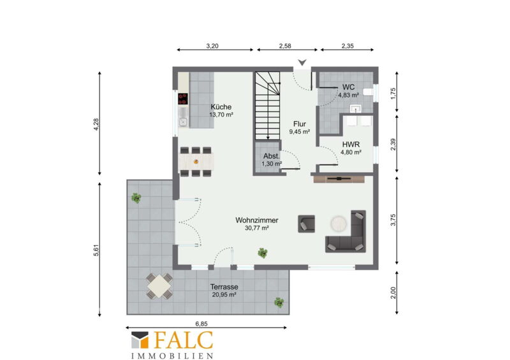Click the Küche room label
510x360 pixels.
(x=221, y=106)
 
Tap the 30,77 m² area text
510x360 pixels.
(x=257, y=228)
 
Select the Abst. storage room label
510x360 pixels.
(x=272, y=155)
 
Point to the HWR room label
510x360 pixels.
(x=351, y=145)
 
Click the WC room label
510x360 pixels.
(x=348, y=87)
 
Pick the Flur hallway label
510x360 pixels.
(x=300, y=124)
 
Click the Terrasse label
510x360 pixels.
(x=224, y=287)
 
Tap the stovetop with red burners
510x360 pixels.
(x=183, y=99)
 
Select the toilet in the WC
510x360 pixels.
(x=368, y=92)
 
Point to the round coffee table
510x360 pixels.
(x=339, y=224)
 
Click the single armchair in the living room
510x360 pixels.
(x=307, y=224)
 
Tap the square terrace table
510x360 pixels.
(x=159, y=286)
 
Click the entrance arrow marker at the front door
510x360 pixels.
(x=302, y=62)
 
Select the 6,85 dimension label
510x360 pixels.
(x=201, y=324)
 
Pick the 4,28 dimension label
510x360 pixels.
(x=96, y=124)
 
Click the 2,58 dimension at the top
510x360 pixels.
(x=285, y=46)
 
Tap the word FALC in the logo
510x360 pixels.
(x=184, y=340)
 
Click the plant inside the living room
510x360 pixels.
(x=263, y=253)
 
